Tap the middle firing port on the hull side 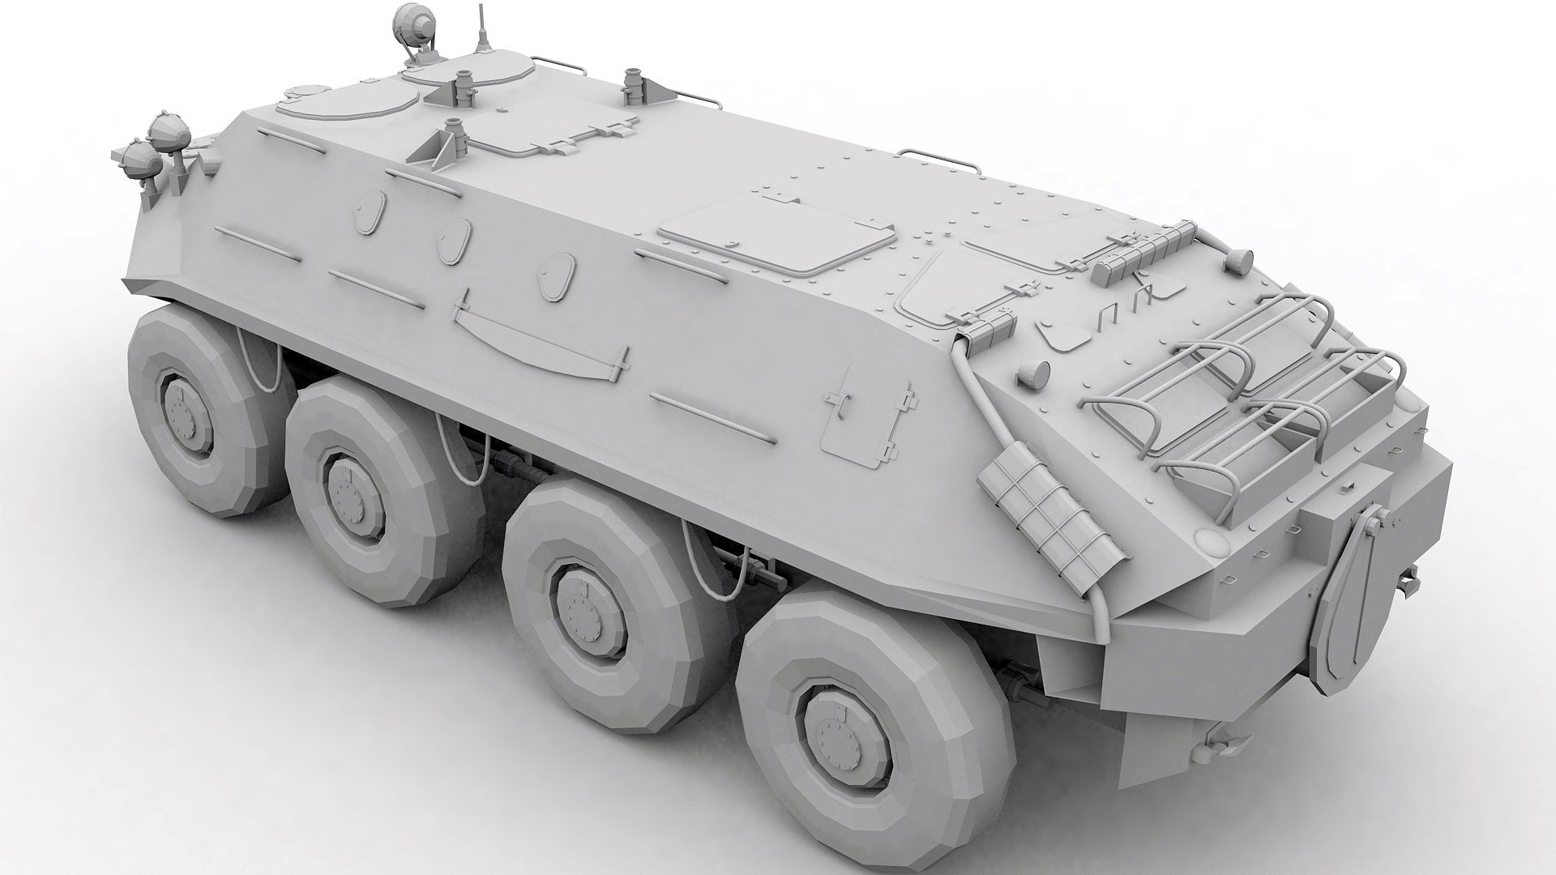tap(455, 240)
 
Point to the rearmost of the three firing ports tap(557, 275)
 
